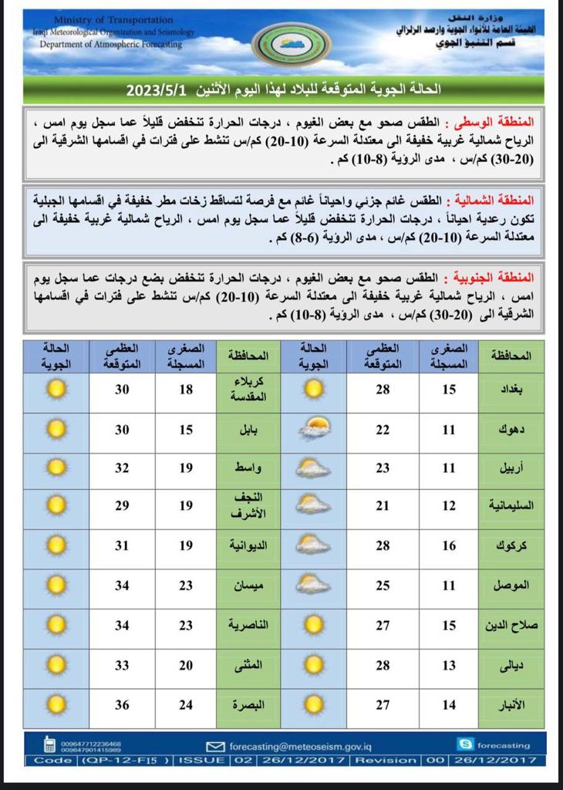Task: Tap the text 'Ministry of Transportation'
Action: pyautogui.click(x=115, y=19)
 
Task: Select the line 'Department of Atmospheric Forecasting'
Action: pyautogui.click(x=111, y=45)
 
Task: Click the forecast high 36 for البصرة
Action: pyautogui.click(x=123, y=704)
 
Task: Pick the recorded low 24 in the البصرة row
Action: pyautogui.click(x=186, y=704)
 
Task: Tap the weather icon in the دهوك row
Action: pyautogui.click(x=312, y=429)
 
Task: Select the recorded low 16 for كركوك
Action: pyautogui.click(x=449, y=545)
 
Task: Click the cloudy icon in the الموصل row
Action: pyautogui.click(x=312, y=585)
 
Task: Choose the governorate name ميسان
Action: pyautogui.click(x=247, y=585)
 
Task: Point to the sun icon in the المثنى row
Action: pyautogui.click(x=55, y=664)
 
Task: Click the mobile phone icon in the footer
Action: pyautogui.click(x=50, y=745)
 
